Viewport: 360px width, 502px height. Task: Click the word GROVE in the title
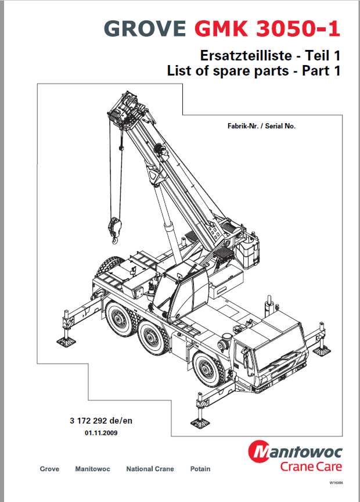tap(145, 28)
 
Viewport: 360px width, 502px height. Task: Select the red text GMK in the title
tap(221, 28)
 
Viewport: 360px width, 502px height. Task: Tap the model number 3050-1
tap(298, 28)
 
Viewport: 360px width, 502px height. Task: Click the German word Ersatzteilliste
tap(246, 56)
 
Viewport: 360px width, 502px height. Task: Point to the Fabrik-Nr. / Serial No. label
tap(261, 126)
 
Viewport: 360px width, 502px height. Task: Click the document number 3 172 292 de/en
tap(101, 421)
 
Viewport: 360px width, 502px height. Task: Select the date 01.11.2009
tap(101, 433)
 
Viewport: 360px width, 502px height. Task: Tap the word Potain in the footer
tap(200, 469)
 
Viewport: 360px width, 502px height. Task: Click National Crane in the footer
tap(150, 469)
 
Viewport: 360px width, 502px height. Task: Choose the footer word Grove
tap(49, 469)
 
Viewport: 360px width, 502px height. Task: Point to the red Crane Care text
tap(311, 467)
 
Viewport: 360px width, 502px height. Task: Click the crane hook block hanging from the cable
tap(115, 228)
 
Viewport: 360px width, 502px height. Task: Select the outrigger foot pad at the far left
tap(67, 342)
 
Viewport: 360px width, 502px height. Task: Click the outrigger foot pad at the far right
tap(322, 350)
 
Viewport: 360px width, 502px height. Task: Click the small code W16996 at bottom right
tap(336, 482)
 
